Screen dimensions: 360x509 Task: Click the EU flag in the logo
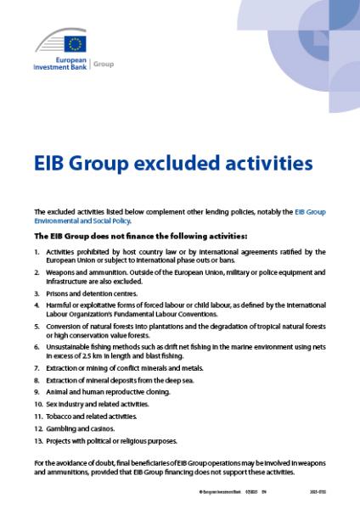[x=75, y=44]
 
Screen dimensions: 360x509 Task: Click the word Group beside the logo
[x=102, y=64]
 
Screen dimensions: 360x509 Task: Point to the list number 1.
[x=37, y=251]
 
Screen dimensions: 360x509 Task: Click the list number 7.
[x=37, y=367]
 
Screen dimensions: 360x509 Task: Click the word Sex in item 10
[x=52, y=404]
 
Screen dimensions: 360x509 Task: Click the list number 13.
[x=37, y=440]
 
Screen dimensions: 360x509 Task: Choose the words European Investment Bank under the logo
[x=59, y=64]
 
